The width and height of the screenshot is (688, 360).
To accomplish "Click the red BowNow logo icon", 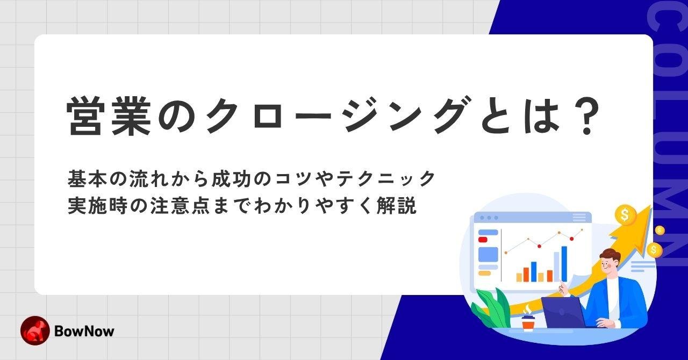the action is tap(35, 330).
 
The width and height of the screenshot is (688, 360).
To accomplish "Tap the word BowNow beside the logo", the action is tap(84, 331).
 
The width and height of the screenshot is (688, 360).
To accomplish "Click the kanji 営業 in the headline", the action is tap(109, 117).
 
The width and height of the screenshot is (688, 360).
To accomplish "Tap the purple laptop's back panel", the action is tap(563, 312).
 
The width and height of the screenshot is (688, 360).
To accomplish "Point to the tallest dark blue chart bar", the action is tap(564, 264).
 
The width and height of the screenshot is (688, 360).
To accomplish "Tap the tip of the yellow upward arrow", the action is tap(651, 205).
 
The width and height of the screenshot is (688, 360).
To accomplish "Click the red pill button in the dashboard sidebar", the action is tap(483, 240).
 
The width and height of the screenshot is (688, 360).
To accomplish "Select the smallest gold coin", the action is tap(660, 230).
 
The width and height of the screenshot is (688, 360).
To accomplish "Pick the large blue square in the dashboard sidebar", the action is tap(489, 255).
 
